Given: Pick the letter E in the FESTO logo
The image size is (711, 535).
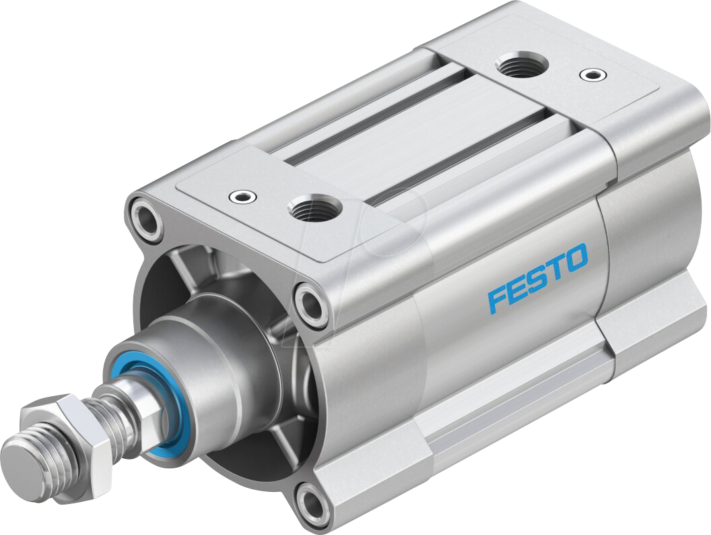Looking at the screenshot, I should [516, 288].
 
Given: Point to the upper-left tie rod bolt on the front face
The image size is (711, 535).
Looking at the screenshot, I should [145, 218].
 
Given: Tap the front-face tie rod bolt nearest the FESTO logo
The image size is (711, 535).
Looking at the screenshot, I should [312, 305].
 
